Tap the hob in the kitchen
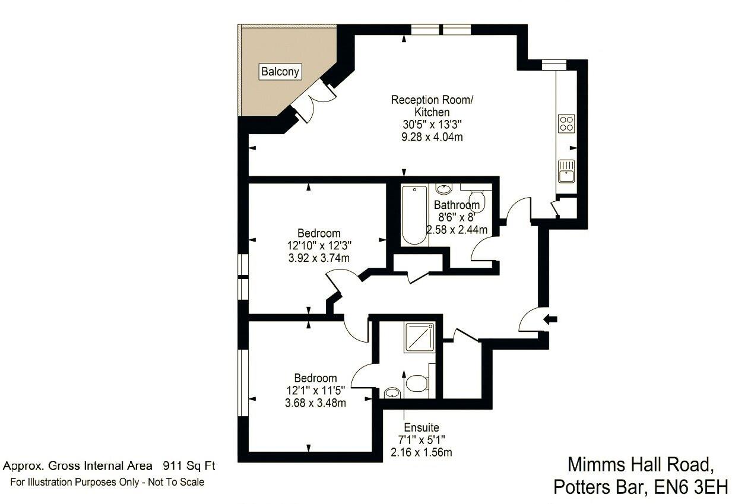566,123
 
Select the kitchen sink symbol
566,171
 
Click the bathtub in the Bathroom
413,215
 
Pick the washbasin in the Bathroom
443,189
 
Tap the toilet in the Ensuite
417,384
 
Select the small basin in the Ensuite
392,392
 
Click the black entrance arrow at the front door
551,319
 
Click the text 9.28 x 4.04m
432,137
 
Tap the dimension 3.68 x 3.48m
316,402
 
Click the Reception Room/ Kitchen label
432,106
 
